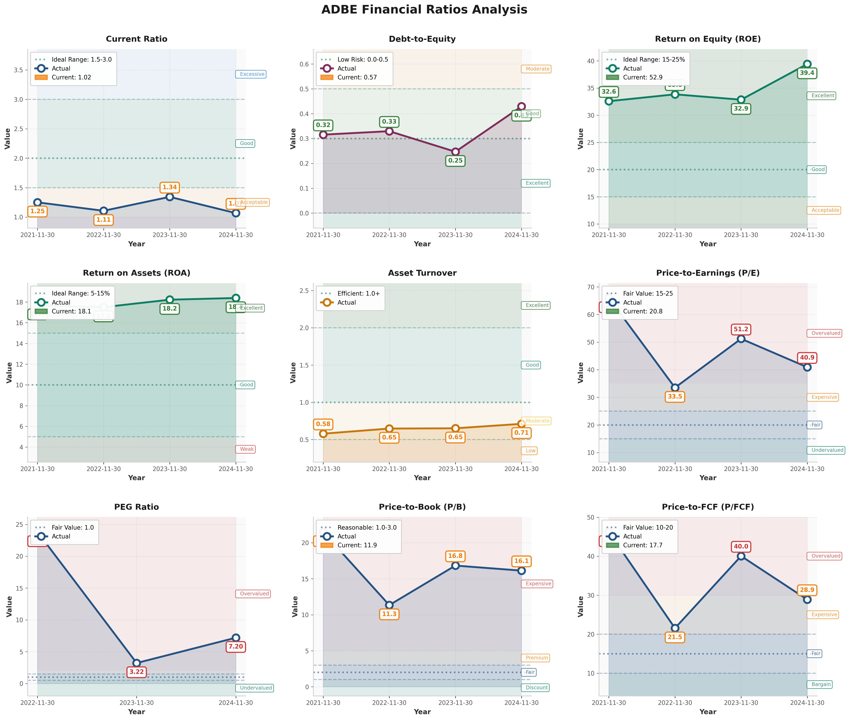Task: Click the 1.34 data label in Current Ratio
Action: click(170, 187)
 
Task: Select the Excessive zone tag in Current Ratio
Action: click(251, 74)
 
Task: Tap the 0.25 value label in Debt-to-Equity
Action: click(455, 161)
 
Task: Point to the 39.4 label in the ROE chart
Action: click(807, 73)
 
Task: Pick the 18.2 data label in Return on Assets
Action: click(170, 309)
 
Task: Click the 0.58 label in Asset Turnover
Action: click(323, 424)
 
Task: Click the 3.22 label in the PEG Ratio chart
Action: click(137, 672)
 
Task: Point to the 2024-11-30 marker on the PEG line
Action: click(236, 638)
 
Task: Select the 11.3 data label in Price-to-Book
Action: click(389, 614)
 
